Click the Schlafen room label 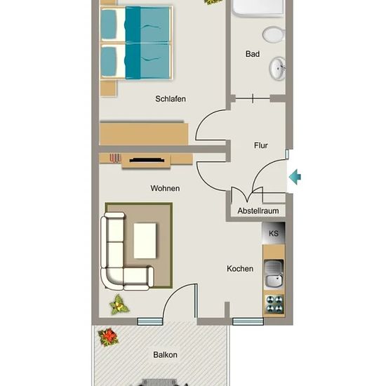pyautogui.click(x=171, y=99)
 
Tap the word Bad pyautogui.click(x=253, y=54)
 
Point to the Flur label pyautogui.click(x=260, y=145)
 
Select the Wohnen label pyautogui.click(x=165, y=188)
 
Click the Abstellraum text pyautogui.click(x=258, y=211)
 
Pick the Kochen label pyautogui.click(x=240, y=269)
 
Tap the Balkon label pyautogui.click(x=165, y=354)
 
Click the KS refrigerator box pyautogui.click(x=274, y=233)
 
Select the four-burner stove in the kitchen pyautogui.click(x=274, y=304)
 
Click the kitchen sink pyautogui.click(x=274, y=274)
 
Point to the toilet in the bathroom pyautogui.click(x=274, y=34)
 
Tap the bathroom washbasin pyautogui.click(x=278, y=69)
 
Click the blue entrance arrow pyautogui.click(x=295, y=177)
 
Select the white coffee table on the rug pyautogui.click(x=145, y=241)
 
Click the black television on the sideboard pyautogui.click(x=147, y=160)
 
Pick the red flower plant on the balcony pyautogui.click(x=108, y=337)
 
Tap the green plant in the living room pyautogui.click(x=119, y=305)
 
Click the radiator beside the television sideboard pyautogui.click(x=115, y=158)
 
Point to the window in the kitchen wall pyautogui.click(x=248, y=321)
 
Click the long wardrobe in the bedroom pyautogui.click(x=144, y=133)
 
